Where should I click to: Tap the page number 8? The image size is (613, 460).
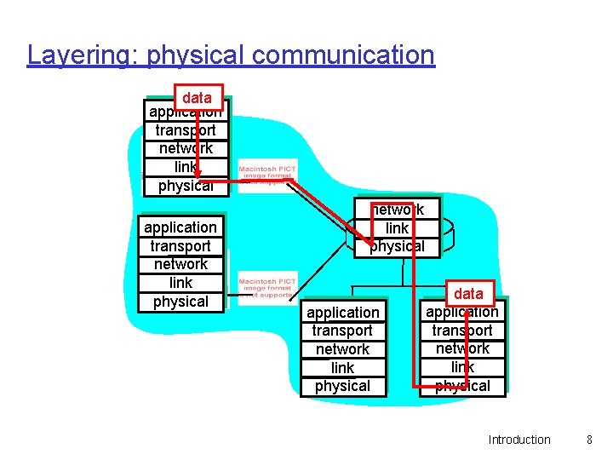click(x=588, y=440)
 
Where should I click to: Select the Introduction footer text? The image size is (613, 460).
click(x=519, y=440)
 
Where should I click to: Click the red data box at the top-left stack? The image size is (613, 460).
click(x=197, y=97)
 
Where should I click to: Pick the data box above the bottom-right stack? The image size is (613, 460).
click(x=468, y=294)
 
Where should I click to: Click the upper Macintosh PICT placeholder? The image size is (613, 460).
click(x=267, y=175)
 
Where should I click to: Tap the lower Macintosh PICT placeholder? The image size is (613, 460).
click(x=267, y=286)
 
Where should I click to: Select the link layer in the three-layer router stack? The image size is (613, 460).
click(x=397, y=228)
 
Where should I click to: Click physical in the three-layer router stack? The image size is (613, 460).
click(x=397, y=246)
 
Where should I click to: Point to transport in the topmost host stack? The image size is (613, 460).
click(x=186, y=130)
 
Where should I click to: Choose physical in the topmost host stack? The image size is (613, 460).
click(x=186, y=186)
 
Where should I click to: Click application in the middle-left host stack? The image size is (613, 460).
click(x=180, y=227)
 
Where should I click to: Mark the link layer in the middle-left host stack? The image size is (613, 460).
click(x=180, y=283)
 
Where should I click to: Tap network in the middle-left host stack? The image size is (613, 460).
click(x=180, y=264)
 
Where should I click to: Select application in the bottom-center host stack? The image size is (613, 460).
click(x=343, y=313)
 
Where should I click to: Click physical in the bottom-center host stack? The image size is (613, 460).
click(x=342, y=386)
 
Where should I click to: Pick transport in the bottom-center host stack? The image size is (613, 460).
click(x=342, y=331)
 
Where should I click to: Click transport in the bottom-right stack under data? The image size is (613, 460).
click(x=462, y=331)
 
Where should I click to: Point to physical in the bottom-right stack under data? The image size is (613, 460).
click(x=462, y=386)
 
